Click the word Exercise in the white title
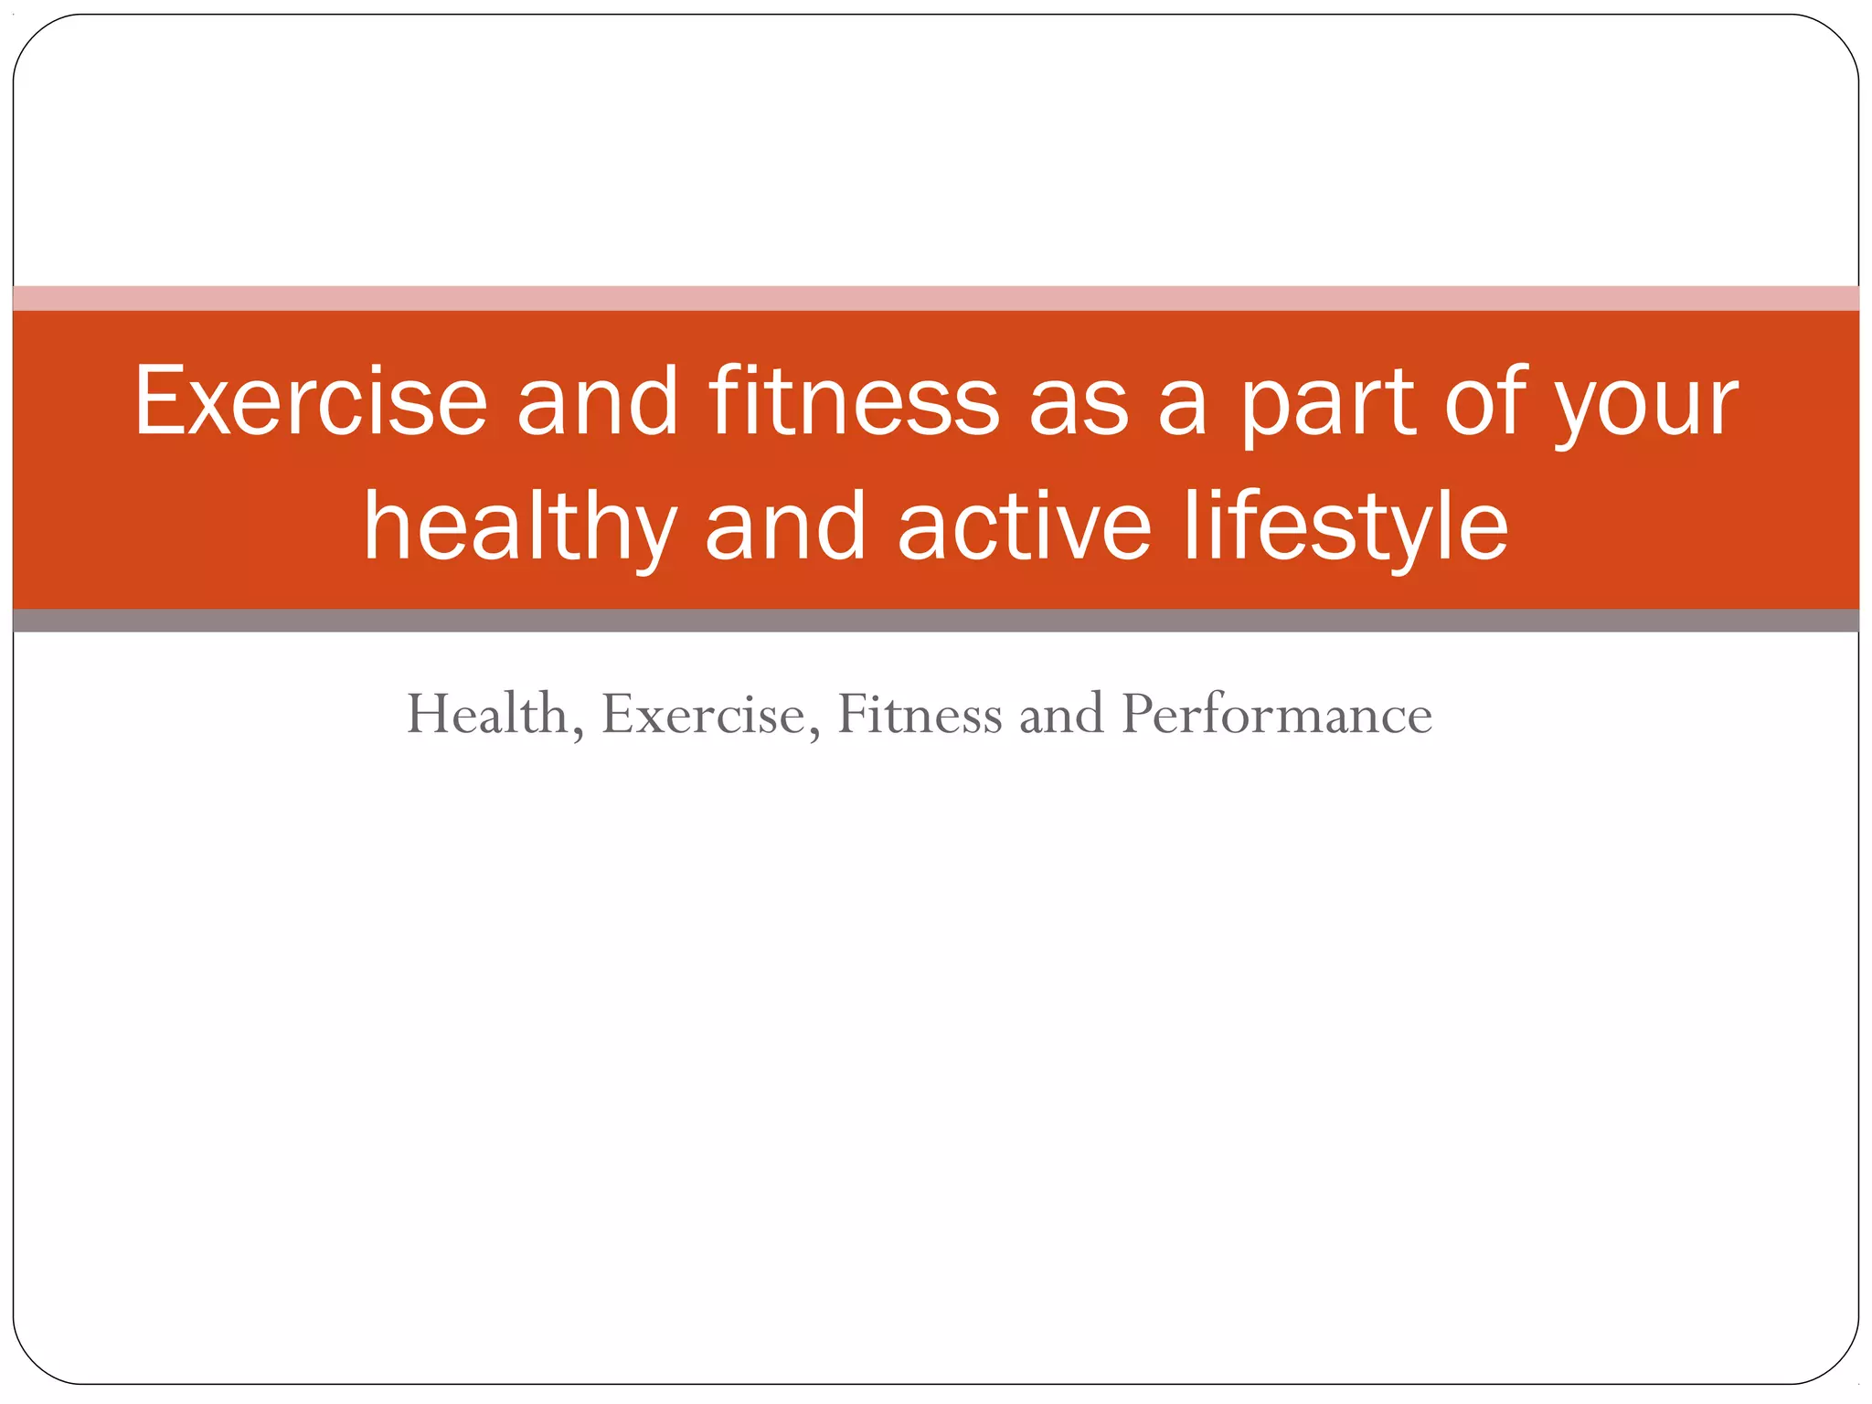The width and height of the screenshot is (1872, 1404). coord(311,402)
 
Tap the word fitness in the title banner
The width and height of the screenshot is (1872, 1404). coord(854,402)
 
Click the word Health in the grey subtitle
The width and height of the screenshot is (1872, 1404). coord(488,714)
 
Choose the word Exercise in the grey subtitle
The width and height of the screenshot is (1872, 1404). coord(704,714)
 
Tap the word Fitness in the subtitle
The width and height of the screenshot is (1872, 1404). coord(920,714)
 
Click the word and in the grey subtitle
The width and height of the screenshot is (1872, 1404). coord(1061,714)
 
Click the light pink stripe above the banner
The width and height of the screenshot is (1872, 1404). coord(936,298)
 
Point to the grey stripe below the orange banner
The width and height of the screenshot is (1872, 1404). coord(936,621)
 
